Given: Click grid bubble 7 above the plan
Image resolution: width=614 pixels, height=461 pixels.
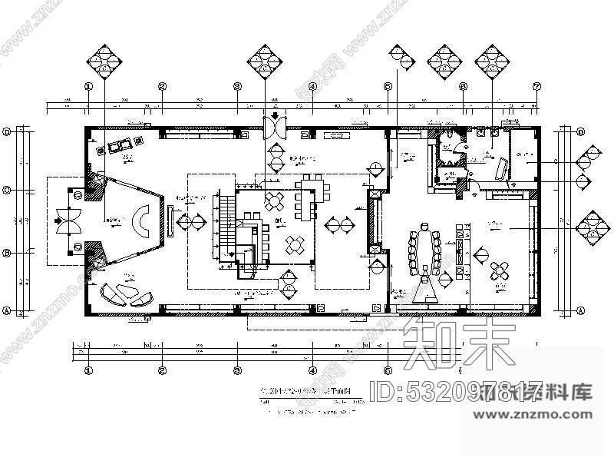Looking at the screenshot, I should tap(537, 86).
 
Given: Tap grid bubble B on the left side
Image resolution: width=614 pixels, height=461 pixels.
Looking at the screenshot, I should tap(7, 253).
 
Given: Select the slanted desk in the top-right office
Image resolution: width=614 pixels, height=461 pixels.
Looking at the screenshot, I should tap(502, 168).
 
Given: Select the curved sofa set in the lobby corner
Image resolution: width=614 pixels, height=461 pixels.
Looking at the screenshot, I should tap(127, 294).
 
